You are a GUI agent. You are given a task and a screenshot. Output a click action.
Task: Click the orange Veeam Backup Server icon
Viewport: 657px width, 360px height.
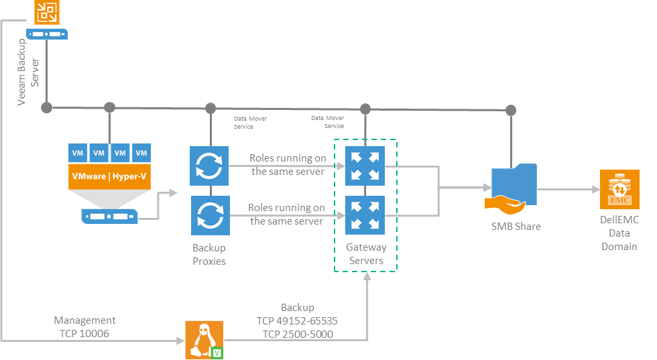coord(46,12)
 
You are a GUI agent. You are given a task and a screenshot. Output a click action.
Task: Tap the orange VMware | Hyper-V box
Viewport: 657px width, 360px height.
coord(109,176)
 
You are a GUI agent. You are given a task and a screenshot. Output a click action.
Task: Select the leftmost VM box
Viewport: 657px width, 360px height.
coord(78,153)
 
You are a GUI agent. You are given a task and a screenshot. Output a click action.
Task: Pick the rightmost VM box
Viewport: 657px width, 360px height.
coord(141,153)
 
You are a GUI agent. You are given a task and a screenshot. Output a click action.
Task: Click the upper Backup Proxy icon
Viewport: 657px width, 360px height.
coord(209,166)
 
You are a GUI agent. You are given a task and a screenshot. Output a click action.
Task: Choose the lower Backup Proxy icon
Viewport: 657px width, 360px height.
coord(211,215)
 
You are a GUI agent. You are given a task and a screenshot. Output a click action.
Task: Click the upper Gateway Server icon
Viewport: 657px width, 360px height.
coord(365,166)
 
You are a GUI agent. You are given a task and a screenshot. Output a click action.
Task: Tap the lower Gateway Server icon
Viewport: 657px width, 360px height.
coord(365,215)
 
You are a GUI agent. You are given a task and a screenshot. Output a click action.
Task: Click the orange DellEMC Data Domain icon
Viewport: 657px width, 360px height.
coord(619,190)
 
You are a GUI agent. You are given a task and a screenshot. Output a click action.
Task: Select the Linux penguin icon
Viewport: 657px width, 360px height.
coord(204,340)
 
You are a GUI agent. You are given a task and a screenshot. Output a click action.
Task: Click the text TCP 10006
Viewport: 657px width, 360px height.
coord(84,334)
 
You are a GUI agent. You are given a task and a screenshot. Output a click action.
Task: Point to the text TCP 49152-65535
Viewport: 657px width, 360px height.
coord(297,321)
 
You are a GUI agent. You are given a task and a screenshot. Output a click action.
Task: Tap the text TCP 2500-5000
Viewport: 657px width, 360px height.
coord(298,335)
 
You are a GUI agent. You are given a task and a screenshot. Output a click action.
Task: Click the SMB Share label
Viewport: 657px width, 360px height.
coord(516,227)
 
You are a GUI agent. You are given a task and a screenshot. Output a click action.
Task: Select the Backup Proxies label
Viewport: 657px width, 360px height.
coord(209,254)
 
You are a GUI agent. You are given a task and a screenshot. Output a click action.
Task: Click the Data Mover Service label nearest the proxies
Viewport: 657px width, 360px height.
coord(250,123)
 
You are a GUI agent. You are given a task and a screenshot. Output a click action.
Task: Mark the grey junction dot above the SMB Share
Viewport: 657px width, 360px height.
coord(511,110)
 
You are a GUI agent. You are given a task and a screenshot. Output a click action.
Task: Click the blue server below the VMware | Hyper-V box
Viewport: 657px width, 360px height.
coord(109,217)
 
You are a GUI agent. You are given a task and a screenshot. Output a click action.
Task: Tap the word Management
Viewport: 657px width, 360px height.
coord(84,320)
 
